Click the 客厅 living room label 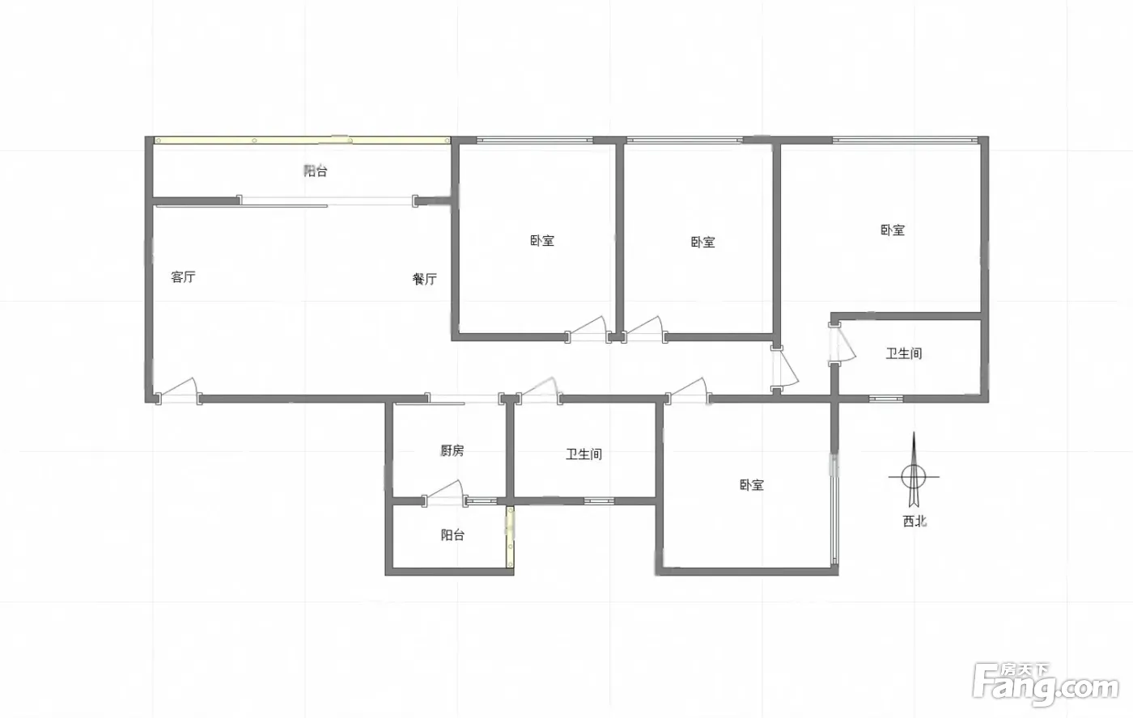click(x=183, y=277)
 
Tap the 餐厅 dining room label click(x=424, y=279)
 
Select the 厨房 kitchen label click(x=452, y=450)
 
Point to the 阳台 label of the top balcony click(x=316, y=171)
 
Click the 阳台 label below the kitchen click(x=452, y=535)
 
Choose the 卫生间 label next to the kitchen click(x=583, y=454)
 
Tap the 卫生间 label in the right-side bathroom click(x=904, y=353)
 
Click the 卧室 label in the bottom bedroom click(x=752, y=485)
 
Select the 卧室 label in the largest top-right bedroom click(x=893, y=230)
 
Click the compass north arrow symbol click(x=914, y=470)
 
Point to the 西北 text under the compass click(x=915, y=521)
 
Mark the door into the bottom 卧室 click(x=689, y=391)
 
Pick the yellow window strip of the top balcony click(x=303, y=140)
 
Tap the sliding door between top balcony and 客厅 click(x=328, y=201)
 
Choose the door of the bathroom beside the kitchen click(x=539, y=391)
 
